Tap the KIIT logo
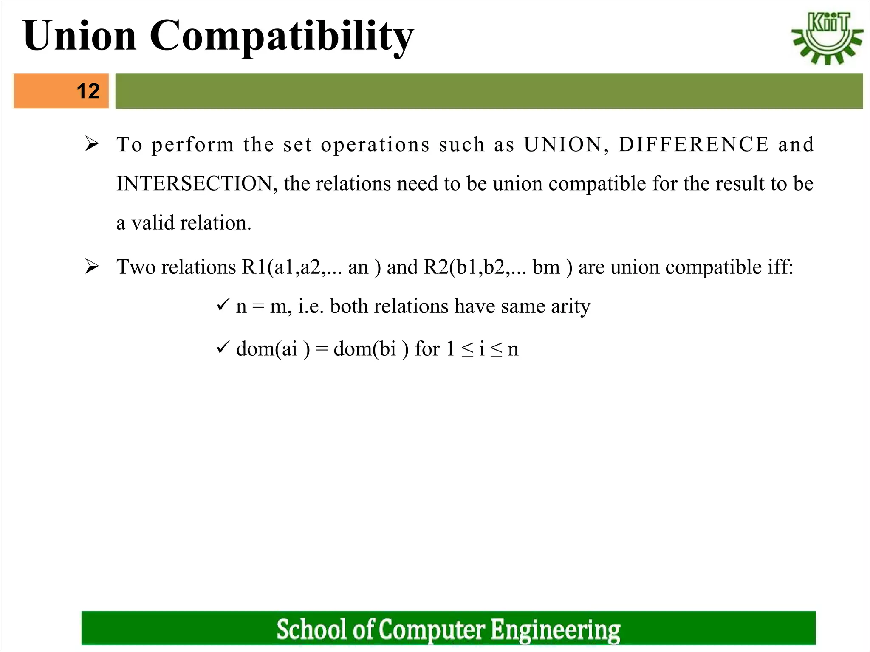click(827, 38)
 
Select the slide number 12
click(88, 91)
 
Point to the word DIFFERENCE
click(694, 144)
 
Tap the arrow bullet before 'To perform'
click(92, 144)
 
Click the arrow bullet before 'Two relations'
click(92, 267)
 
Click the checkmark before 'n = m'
click(223, 305)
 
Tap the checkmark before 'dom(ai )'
click(223, 348)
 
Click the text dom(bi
click(365, 349)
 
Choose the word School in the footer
click(312, 629)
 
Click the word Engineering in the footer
click(555, 630)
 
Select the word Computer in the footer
click(431, 630)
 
